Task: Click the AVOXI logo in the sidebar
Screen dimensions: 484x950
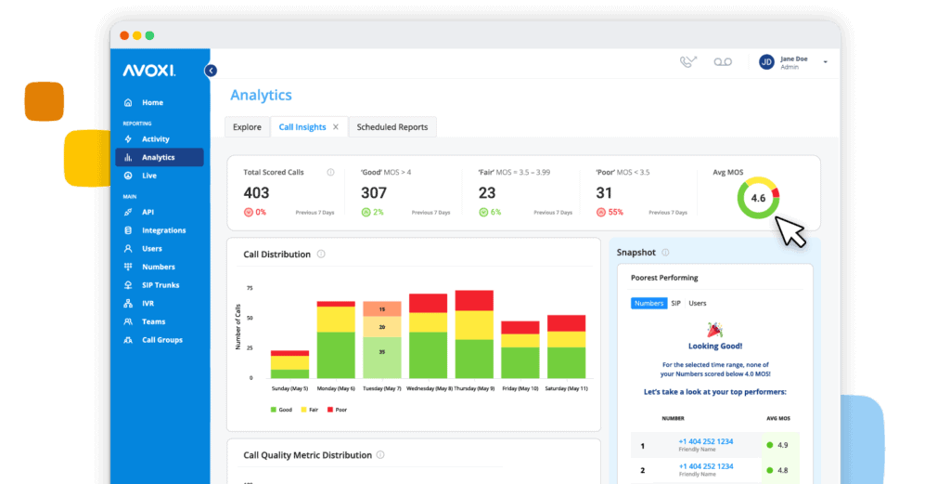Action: tap(148, 71)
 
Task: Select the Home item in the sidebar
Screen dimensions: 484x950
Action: tap(152, 103)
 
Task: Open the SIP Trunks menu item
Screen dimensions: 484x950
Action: tap(160, 285)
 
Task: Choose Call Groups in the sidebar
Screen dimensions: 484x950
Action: tap(162, 340)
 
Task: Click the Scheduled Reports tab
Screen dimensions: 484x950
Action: tap(392, 127)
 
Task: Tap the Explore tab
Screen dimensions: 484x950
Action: tap(247, 127)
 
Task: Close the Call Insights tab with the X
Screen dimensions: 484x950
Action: tap(336, 127)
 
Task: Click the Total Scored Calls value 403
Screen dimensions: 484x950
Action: tap(256, 193)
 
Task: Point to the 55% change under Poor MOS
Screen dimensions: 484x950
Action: tap(615, 213)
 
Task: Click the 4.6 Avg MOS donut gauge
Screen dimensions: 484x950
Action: tap(758, 198)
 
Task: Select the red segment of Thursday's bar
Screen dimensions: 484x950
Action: tap(474, 301)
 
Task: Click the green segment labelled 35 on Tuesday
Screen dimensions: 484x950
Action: tap(381, 352)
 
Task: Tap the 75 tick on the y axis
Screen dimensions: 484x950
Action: tap(250, 289)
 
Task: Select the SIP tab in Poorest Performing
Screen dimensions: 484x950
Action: tap(676, 303)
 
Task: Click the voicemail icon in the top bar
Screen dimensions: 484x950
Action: tap(723, 62)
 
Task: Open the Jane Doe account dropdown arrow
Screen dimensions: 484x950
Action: tap(826, 62)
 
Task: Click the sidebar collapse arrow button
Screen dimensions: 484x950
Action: tap(211, 71)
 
